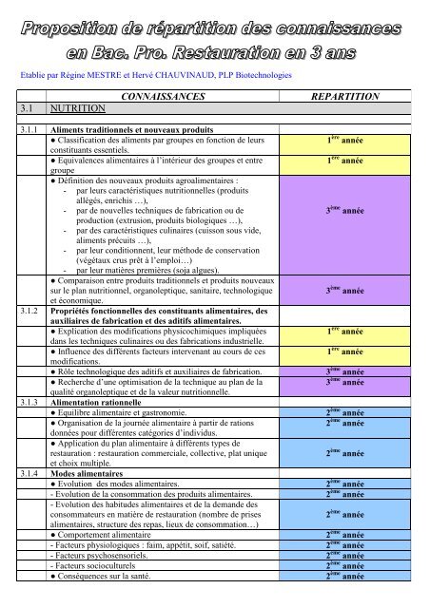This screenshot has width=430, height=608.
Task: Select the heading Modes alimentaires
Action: coord(90,472)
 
